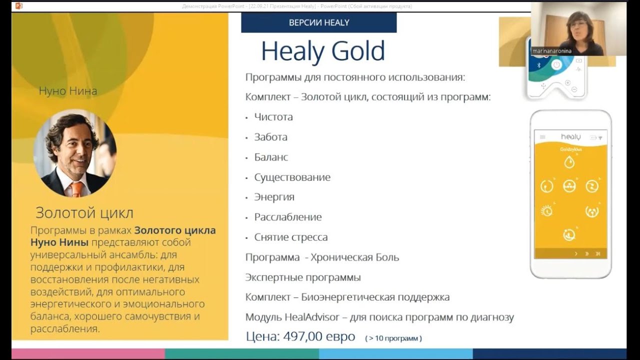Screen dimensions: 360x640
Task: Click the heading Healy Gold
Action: [323, 51]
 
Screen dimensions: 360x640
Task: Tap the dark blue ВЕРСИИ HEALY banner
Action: [318, 22]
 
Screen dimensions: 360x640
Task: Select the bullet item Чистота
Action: [273, 117]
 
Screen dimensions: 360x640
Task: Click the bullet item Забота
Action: [270, 137]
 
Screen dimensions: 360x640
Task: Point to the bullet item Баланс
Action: [271, 157]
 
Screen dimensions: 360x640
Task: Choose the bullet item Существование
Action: [292, 177]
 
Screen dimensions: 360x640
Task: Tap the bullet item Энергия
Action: [274, 197]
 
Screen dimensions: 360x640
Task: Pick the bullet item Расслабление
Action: [287, 217]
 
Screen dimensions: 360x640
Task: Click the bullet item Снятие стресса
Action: [290, 237]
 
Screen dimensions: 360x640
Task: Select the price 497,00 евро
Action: [319, 336]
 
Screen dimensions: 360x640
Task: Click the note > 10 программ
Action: [393, 338]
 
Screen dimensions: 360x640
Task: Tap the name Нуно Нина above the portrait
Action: [68, 91]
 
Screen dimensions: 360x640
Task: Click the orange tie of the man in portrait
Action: [77, 189]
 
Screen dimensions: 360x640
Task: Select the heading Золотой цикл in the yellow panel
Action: [84, 213]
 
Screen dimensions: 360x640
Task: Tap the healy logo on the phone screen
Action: [570, 136]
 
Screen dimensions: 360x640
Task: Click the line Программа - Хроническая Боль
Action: [322, 257]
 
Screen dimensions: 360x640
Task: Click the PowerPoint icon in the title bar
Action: [19, 5]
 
